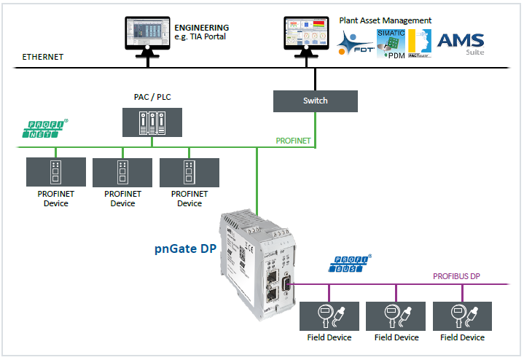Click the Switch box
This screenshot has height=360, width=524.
coord(315,101)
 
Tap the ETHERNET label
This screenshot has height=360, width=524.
coord(43,56)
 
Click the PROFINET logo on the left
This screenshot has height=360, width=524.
coord(44,131)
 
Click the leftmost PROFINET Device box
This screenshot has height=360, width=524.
coord(56,172)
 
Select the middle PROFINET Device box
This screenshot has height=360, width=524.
coord(122,172)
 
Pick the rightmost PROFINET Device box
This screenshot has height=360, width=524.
coord(189,172)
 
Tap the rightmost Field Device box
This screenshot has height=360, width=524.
coord(463,314)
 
